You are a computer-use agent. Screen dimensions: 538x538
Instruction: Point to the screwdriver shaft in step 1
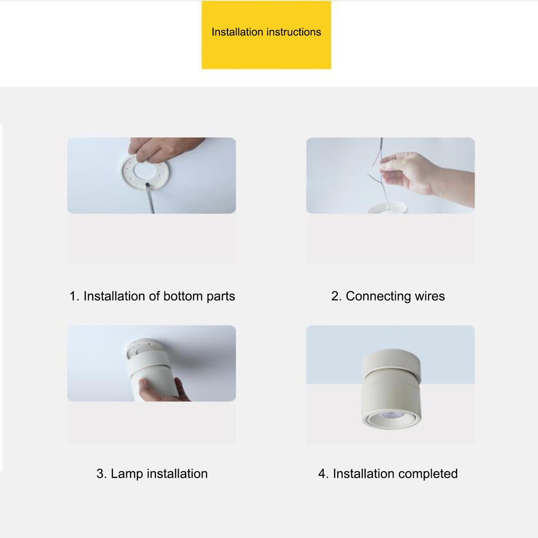pos(150,199)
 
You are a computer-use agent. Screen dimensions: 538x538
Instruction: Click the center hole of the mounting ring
pos(144,171)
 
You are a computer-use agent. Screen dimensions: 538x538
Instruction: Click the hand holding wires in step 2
pos(427,176)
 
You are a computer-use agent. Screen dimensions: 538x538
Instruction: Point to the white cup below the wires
pos(387,208)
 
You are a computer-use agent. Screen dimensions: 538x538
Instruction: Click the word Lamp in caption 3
pos(127,474)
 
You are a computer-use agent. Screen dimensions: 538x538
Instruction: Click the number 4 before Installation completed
pos(323,474)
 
